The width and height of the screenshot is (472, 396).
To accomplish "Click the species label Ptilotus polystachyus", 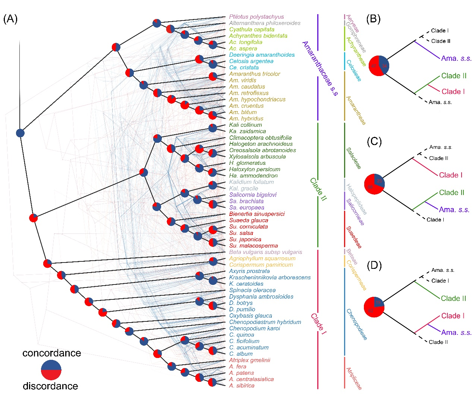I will [x=256, y=17].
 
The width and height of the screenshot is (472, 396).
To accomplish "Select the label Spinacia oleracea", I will [x=252, y=290].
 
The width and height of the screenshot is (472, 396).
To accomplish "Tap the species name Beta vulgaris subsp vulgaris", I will [x=265, y=252].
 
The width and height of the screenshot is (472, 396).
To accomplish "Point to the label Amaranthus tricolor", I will [x=255, y=74].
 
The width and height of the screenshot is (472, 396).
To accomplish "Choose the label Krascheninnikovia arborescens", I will [x=270, y=277].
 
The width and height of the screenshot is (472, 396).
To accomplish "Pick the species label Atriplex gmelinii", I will [x=249, y=360].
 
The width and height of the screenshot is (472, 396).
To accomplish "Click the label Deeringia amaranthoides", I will [x=262, y=55].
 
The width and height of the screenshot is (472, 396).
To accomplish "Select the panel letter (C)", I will [x=374, y=142].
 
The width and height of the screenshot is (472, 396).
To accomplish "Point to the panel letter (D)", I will [x=374, y=265].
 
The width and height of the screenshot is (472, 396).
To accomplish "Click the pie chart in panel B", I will [x=379, y=66].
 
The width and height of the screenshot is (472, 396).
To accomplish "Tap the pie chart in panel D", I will [x=374, y=307].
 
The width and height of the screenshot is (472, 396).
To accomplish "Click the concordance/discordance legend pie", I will [x=51, y=370].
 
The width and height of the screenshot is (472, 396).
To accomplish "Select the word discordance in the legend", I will [x=50, y=386].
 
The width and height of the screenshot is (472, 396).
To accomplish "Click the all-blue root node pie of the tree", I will [x=20, y=133].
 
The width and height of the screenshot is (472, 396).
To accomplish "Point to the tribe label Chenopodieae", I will [x=356, y=324].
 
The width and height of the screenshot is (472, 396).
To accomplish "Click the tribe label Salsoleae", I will [x=353, y=158].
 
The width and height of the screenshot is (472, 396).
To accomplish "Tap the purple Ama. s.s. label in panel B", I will [x=456, y=59].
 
